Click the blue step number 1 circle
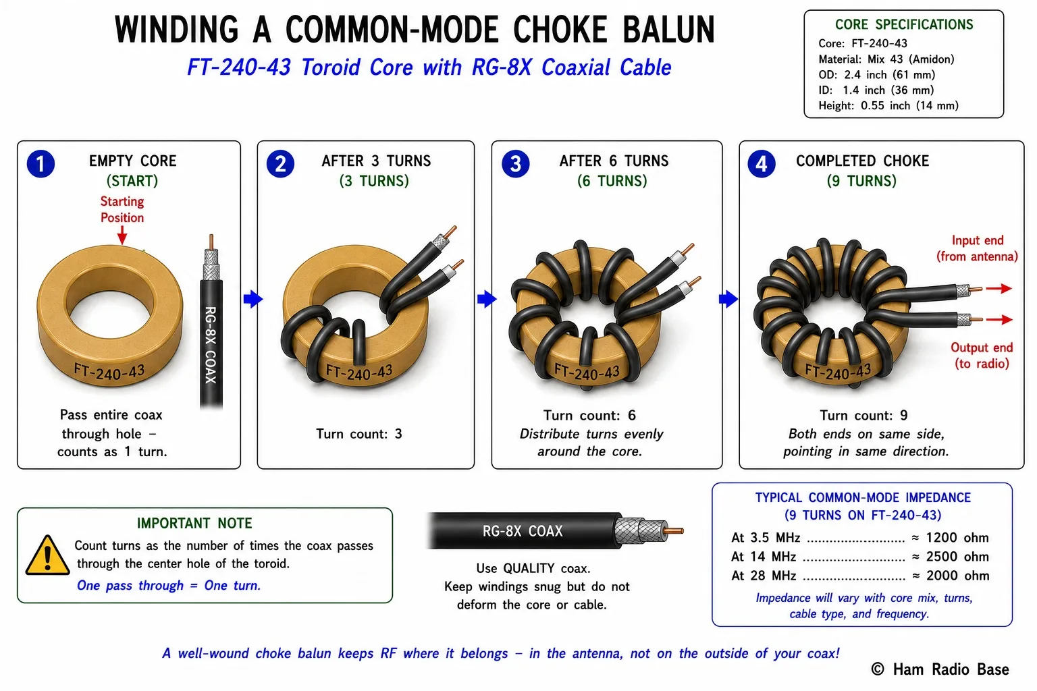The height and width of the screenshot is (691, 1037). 41,164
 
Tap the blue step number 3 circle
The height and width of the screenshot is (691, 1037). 516,164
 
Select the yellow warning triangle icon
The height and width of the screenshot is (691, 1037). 47,555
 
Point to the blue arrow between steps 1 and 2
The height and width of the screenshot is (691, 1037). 253,299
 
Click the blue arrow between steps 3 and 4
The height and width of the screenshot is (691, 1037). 728,299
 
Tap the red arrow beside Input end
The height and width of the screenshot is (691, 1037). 999,288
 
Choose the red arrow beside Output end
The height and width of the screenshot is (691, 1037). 999,319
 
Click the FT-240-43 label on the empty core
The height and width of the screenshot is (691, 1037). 109,372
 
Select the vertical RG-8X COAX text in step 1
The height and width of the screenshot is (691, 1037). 211,345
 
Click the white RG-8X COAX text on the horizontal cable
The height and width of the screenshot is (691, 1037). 522,531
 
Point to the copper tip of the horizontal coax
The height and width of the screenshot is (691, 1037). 675,531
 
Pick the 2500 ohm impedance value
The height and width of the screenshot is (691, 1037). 957,556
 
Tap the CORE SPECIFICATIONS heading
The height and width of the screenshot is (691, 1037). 904,24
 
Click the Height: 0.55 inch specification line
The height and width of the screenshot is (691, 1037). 888,105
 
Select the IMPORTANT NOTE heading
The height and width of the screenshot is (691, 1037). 194,523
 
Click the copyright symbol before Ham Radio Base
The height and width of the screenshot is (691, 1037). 878,669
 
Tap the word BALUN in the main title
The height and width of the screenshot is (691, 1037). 668,30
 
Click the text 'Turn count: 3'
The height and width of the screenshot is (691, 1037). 359,434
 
